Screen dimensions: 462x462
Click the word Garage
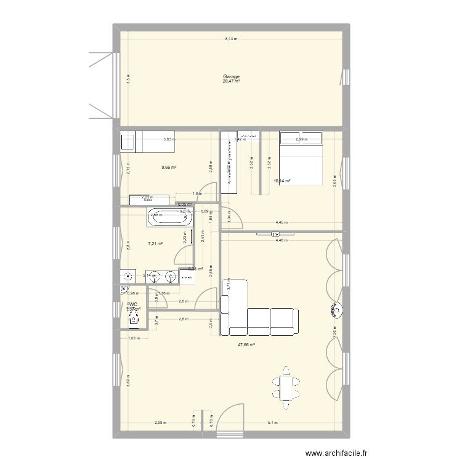tap(232, 77)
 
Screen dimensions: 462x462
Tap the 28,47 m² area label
tap(232, 81)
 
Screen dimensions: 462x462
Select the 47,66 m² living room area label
tap(246, 345)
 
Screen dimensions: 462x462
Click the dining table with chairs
tap(286, 387)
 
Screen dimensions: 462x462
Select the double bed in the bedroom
tap(301, 158)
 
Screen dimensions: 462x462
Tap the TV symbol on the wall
tap(275, 234)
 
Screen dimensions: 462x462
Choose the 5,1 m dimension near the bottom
tap(272, 423)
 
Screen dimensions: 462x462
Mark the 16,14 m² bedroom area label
tap(282, 181)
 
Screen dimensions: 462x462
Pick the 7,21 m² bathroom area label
tap(155, 244)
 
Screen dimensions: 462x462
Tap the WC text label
tap(132, 304)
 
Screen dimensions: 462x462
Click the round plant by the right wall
tap(337, 310)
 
